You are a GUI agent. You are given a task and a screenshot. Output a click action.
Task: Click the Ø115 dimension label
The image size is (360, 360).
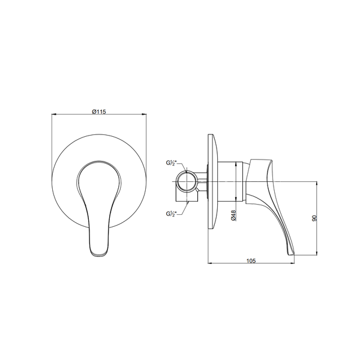tap(99, 112)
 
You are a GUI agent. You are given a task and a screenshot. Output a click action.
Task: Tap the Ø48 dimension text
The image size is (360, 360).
tap(234, 215)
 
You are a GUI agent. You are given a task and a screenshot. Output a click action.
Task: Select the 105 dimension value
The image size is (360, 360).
tap(251, 261)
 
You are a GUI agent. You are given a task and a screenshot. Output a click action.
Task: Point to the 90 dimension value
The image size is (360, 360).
tap(314, 218)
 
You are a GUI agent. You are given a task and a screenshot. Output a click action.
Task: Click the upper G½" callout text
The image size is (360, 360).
tap(171, 163)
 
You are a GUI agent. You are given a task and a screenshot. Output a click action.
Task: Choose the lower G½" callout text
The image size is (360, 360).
tap(171, 214)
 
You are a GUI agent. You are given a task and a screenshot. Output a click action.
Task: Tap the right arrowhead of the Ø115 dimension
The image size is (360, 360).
tap(144, 114)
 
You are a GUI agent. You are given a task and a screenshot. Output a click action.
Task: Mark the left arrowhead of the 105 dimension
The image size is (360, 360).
tap(211, 263)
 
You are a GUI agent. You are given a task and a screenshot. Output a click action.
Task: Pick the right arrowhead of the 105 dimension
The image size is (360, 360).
tap(292, 263)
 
